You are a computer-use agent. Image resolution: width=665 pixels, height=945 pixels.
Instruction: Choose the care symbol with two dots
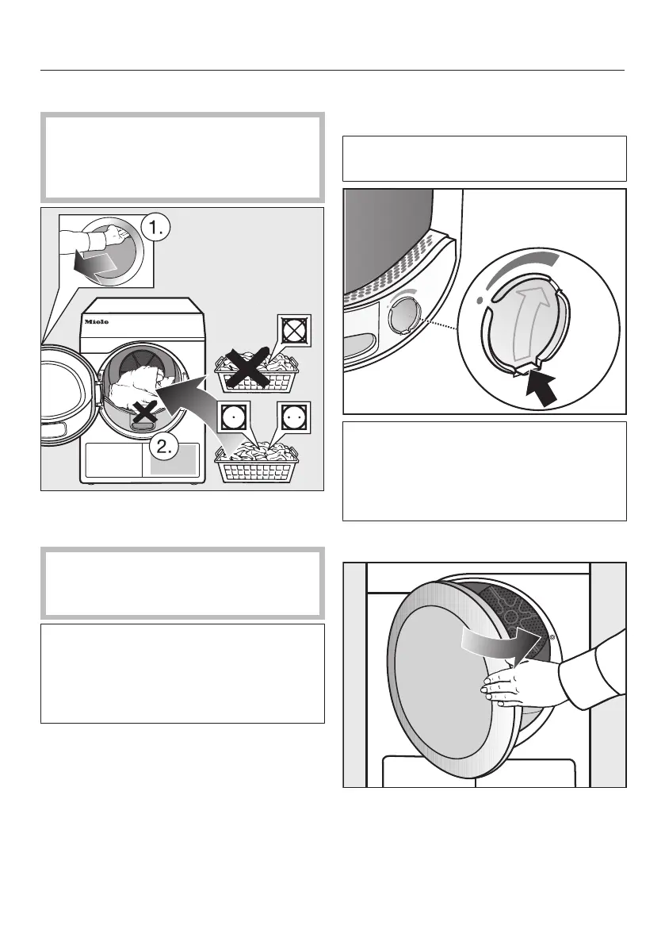pyautogui.click(x=292, y=417)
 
